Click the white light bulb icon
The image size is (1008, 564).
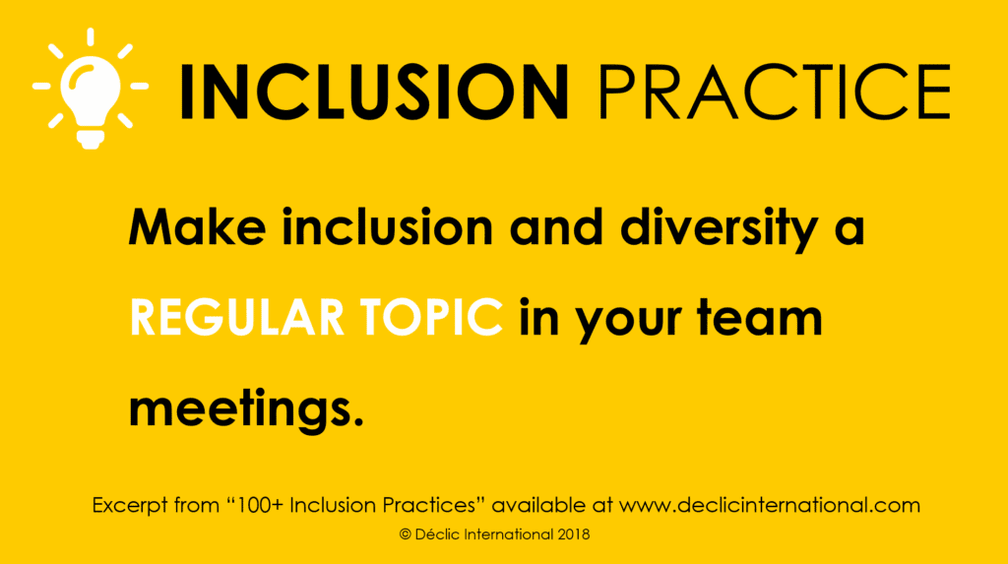tap(91, 89)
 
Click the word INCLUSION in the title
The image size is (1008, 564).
tap(374, 92)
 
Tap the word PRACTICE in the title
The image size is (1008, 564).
tap(775, 92)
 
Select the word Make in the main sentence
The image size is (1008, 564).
tap(197, 227)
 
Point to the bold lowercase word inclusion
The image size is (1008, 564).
tap(388, 227)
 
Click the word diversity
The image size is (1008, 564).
tap(719, 230)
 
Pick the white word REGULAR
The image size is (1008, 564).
tap(236, 318)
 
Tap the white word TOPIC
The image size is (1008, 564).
tap(431, 318)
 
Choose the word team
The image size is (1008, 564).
tap(760, 318)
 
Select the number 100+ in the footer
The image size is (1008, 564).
tap(259, 506)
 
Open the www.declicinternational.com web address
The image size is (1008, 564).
tap(770, 506)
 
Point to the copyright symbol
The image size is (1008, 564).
tap(405, 534)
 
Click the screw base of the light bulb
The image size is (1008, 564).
tap(91, 139)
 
